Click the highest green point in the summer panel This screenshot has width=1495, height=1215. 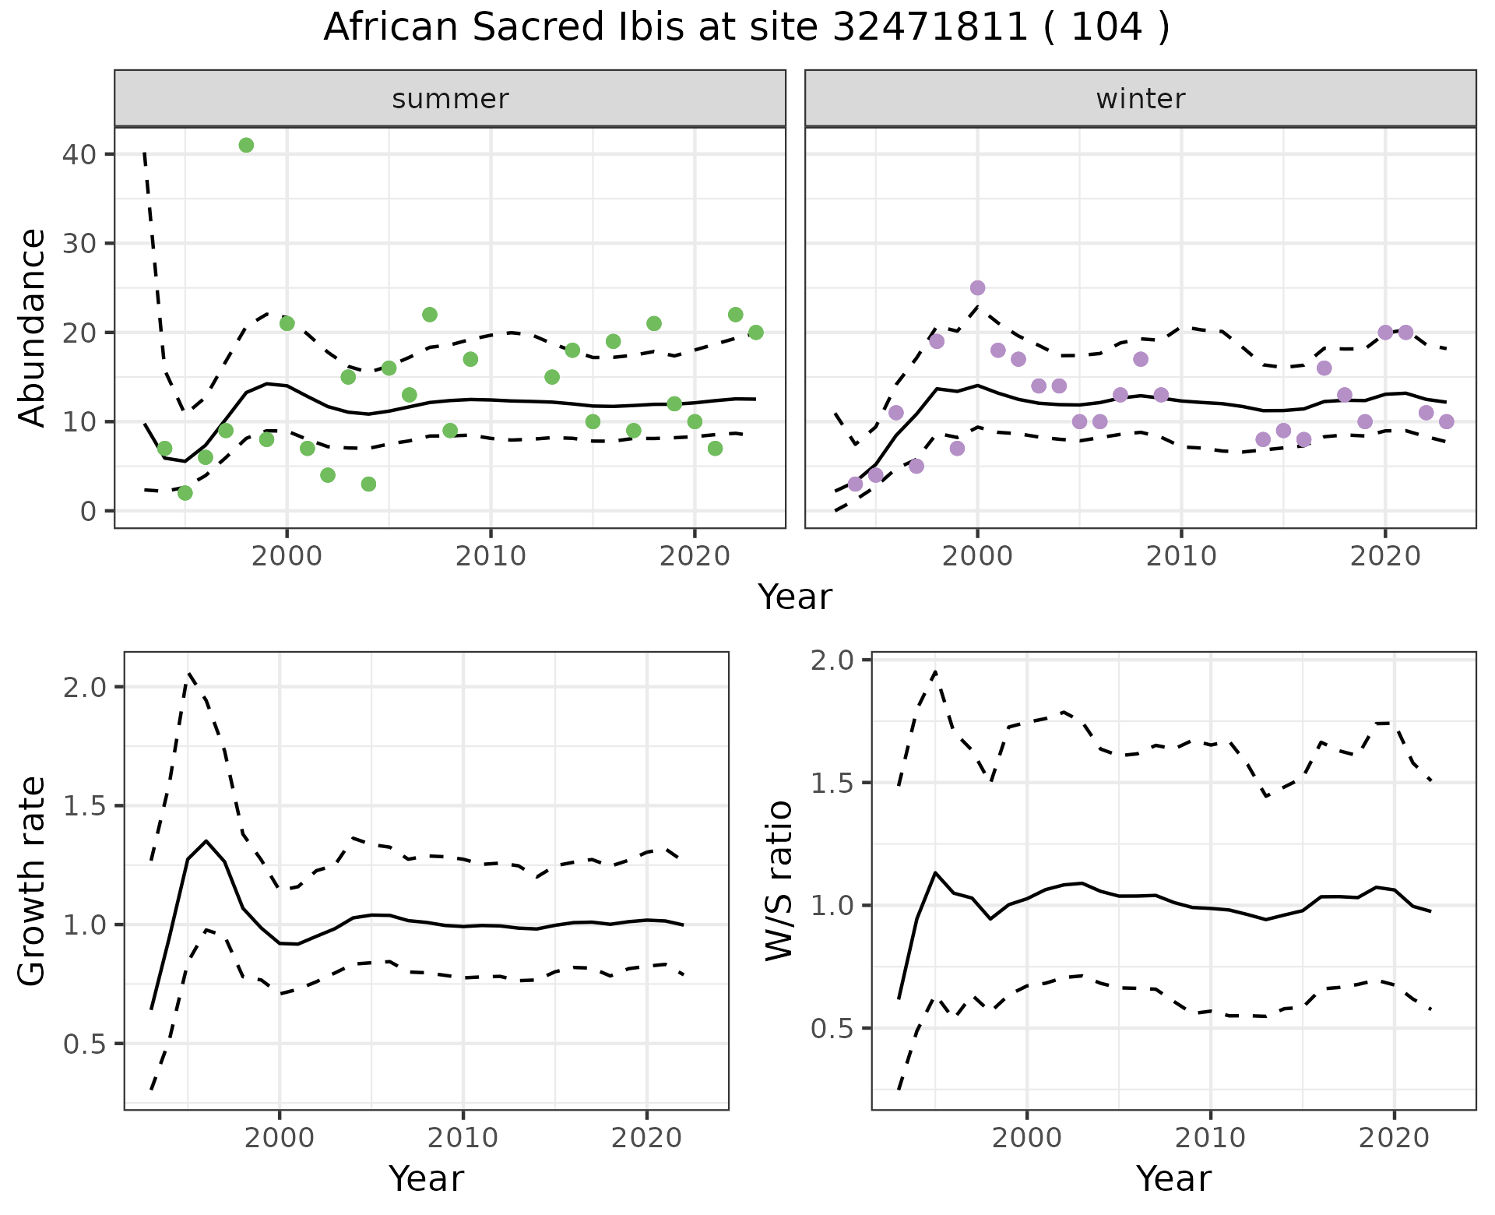[246, 145]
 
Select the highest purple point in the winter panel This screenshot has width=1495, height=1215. [978, 288]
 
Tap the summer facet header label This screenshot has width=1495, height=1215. [450, 99]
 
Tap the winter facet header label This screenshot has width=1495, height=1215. [1141, 99]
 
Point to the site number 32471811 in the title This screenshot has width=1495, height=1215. [930, 27]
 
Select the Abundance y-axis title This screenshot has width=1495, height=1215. [32, 328]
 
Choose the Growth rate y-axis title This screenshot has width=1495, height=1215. [32, 882]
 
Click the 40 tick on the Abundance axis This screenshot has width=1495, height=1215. [78, 154]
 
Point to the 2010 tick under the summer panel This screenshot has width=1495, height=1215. [491, 556]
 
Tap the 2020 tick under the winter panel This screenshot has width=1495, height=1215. [1385, 556]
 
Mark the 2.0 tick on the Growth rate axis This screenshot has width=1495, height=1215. [87, 687]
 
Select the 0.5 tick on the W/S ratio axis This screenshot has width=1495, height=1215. [833, 1028]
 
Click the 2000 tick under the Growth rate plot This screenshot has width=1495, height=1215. [280, 1138]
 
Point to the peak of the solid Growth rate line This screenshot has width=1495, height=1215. [206, 841]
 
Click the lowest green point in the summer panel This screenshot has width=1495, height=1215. [185, 493]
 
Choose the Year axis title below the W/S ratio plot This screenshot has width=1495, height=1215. [1173, 1179]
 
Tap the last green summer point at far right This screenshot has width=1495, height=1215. [755, 333]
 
